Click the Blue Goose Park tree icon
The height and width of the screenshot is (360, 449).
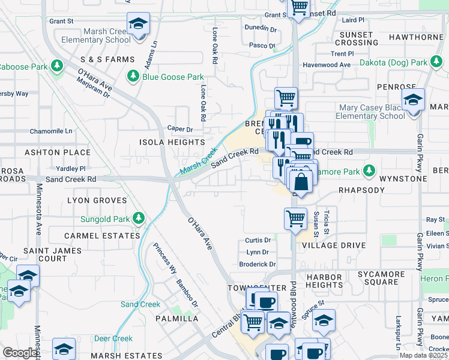133,77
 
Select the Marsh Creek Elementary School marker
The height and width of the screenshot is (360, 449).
139,25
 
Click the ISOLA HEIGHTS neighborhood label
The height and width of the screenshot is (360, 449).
172,142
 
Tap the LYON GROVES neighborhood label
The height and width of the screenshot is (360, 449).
97,200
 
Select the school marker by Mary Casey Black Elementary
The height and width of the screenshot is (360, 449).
413,101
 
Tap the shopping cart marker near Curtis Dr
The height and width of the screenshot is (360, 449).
295,220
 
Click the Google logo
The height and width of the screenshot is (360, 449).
20,353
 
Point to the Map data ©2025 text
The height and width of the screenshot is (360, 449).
423,355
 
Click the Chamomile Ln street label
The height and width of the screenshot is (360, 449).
51,131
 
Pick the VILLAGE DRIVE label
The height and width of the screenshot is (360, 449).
334,245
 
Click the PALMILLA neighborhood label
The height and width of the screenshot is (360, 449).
177,318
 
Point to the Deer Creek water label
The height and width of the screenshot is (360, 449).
113,338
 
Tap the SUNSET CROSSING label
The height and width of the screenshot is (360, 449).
357,38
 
